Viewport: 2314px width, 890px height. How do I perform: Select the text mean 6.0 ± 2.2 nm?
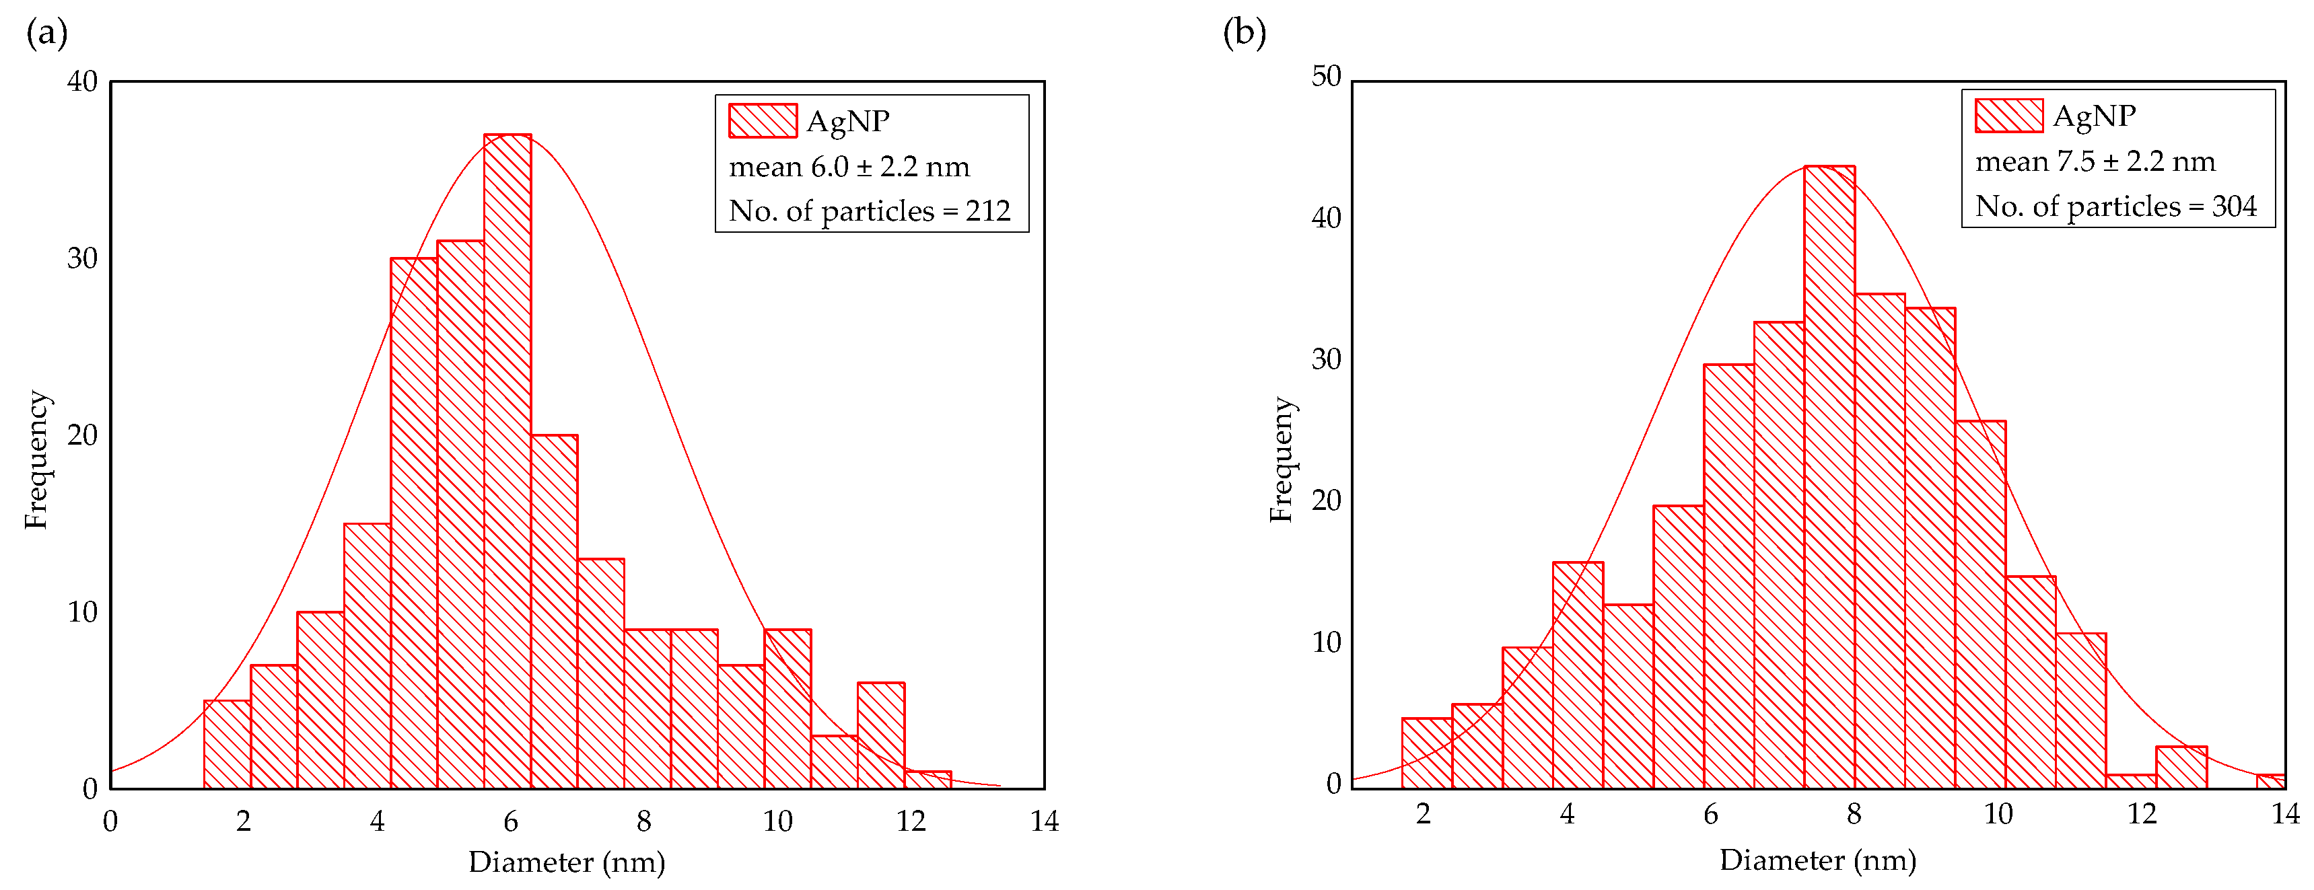(x=849, y=167)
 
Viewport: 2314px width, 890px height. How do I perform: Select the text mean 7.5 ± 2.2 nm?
(x=2095, y=161)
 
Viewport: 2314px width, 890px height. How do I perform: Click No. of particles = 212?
(x=869, y=211)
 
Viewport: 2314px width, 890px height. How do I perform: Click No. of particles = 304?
(x=2115, y=207)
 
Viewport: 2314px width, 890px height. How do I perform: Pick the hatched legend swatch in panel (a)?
(x=763, y=121)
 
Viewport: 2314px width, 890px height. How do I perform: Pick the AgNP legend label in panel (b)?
(x=2094, y=116)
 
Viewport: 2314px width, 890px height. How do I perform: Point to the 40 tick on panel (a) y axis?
(x=83, y=81)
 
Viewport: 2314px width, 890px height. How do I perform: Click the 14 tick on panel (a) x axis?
(x=1044, y=821)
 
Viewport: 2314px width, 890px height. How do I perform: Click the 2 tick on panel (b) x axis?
(x=1423, y=814)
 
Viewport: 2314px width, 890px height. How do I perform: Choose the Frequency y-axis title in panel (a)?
(x=36, y=460)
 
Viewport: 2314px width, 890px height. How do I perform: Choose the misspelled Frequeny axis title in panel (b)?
(x=1281, y=460)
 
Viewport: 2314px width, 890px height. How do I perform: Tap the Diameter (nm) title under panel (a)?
(x=567, y=862)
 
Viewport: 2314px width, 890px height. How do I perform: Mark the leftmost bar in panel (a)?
(x=227, y=745)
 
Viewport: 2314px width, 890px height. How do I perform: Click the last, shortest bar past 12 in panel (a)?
(x=927, y=780)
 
